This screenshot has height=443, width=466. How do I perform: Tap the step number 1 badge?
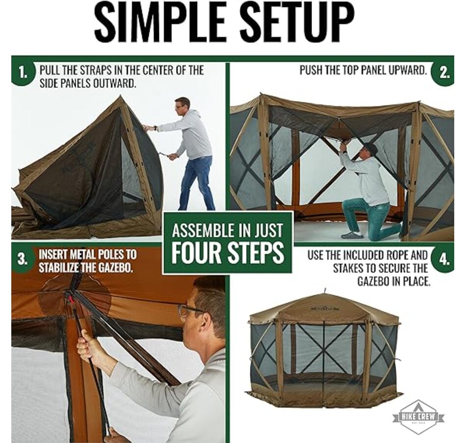point(23,74)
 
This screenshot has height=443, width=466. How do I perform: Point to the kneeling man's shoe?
point(352,235)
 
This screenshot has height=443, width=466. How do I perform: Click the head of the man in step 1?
point(182,104)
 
